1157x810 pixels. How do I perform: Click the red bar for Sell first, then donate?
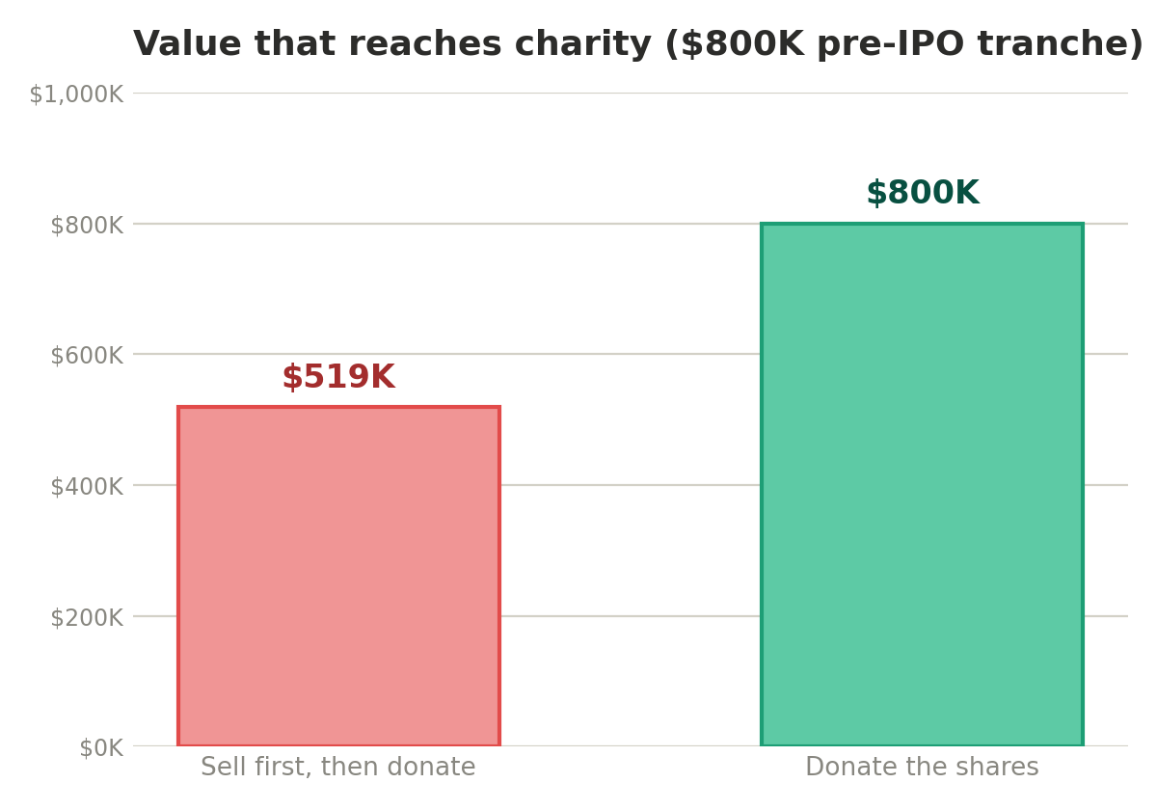click(338, 576)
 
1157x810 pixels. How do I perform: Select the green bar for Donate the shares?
click(922, 484)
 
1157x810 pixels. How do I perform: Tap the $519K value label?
click(338, 377)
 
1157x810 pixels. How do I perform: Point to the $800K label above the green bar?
click(923, 193)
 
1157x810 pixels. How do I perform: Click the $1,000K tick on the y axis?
click(76, 94)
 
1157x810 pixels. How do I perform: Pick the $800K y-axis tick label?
click(87, 226)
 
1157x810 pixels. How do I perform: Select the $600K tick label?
click(87, 356)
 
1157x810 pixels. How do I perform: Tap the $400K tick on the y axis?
click(87, 487)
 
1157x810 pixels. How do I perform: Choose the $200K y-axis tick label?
click(87, 618)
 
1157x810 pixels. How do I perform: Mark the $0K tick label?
click(101, 748)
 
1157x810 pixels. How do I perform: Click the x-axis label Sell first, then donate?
click(337, 766)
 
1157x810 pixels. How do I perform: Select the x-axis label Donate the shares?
click(922, 766)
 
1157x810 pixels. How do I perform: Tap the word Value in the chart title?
click(187, 43)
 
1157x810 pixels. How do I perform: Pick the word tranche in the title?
click(1053, 43)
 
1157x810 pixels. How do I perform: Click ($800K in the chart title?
click(735, 44)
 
